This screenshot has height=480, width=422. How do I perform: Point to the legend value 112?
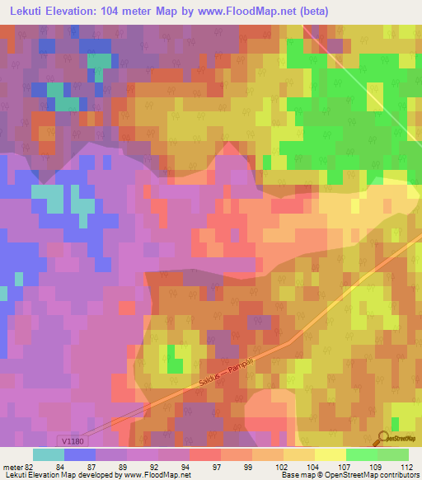point(406,466)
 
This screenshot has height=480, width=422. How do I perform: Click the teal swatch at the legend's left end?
point(49,454)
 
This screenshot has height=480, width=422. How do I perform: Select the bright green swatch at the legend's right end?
point(392,454)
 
